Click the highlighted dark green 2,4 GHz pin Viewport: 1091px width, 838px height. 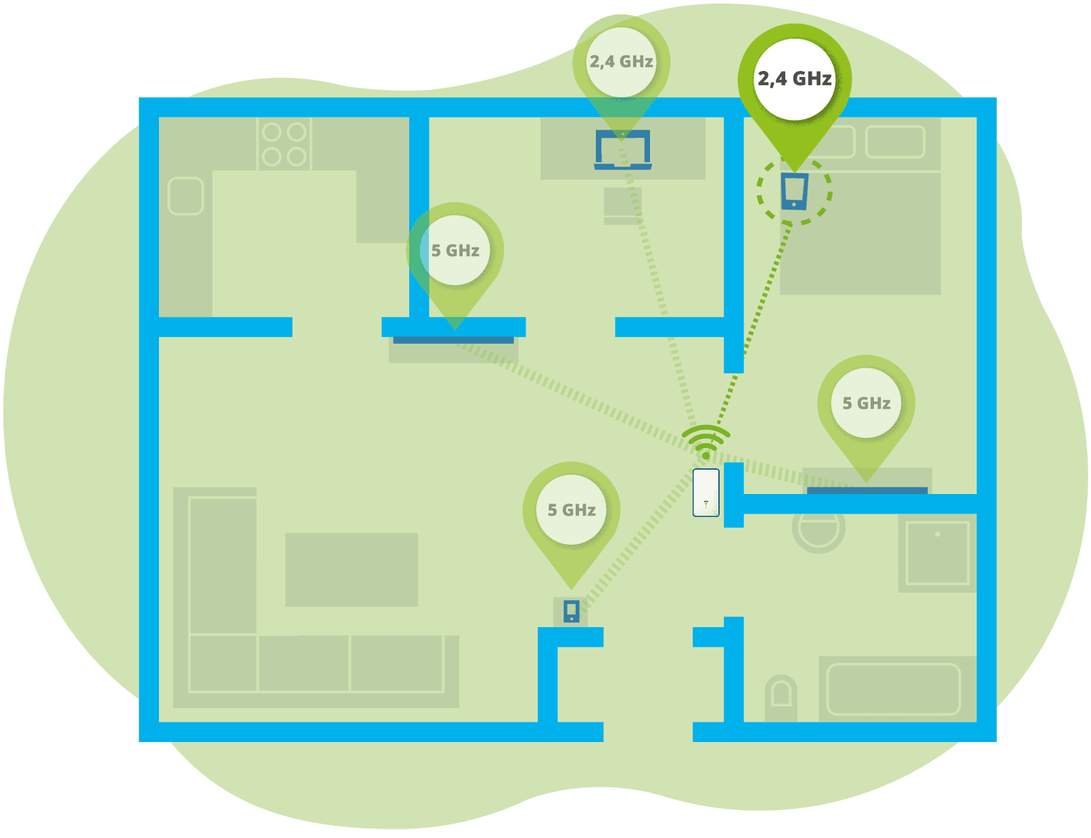[x=794, y=80]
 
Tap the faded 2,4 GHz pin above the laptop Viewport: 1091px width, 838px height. [x=621, y=62]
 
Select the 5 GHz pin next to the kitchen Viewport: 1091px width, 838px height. [x=455, y=251]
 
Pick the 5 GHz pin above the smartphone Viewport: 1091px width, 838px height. [x=572, y=510]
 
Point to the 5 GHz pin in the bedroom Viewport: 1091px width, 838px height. [x=866, y=403]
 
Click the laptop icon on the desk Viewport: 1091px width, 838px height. [x=622, y=149]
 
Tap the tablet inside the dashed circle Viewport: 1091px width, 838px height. [x=794, y=191]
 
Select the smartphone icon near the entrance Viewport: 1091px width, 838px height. [x=572, y=612]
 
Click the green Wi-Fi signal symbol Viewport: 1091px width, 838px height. [x=705, y=441]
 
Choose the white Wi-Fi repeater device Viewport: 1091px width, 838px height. [x=705, y=493]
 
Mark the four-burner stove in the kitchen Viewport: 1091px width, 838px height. [x=284, y=144]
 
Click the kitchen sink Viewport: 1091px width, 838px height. [x=185, y=196]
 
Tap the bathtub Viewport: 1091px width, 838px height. [x=893, y=689]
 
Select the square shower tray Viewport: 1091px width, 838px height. [x=937, y=552]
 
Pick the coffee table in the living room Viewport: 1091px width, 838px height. [x=351, y=570]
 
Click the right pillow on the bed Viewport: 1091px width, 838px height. [x=895, y=142]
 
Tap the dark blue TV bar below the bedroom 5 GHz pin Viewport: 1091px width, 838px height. [x=866, y=491]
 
